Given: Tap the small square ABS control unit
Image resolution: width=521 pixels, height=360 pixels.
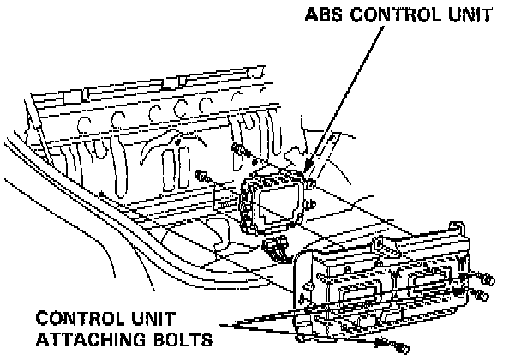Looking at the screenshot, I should pos(277,203).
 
